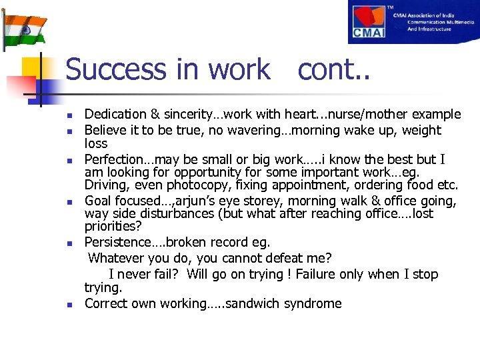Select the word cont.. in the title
(333, 69)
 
